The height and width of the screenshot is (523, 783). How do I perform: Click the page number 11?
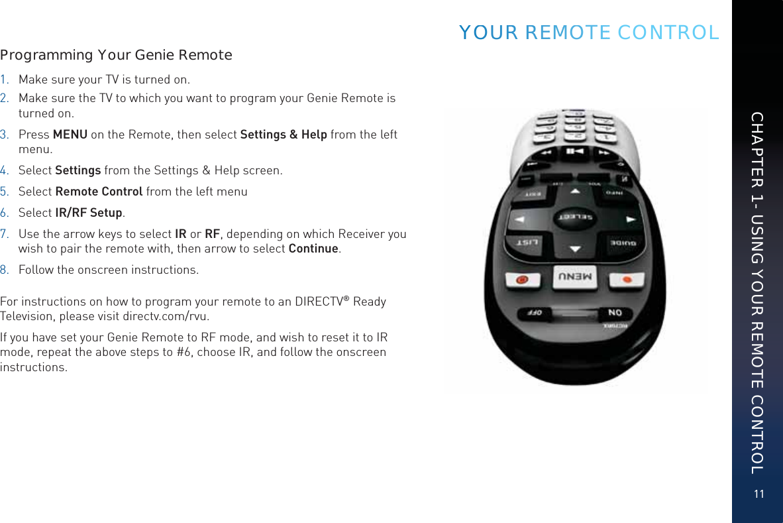point(758,494)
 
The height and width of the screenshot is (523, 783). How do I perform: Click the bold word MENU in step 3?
point(70,135)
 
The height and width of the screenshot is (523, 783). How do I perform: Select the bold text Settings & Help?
point(283,135)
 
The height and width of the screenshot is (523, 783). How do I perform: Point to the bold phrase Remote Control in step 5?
point(99,192)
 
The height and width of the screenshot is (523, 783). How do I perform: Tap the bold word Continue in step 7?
point(314,249)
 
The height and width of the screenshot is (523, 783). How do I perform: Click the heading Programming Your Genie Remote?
point(117,54)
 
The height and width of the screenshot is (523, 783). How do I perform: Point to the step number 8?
point(4,270)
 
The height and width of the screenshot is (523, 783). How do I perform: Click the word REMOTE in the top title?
point(567,32)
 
